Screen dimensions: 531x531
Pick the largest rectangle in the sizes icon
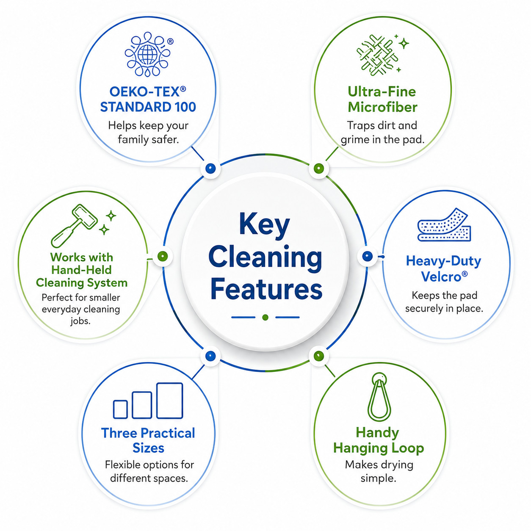pyautogui.click(x=169, y=401)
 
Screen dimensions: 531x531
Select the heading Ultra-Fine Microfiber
pyautogui.click(x=382, y=99)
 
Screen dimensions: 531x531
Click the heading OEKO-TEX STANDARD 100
pyautogui.click(x=148, y=99)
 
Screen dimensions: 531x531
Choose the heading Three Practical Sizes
pyautogui.click(x=148, y=440)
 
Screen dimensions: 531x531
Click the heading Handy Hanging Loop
pyautogui.click(x=378, y=440)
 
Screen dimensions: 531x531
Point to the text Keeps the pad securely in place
pyautogui.click(x=444, y=302)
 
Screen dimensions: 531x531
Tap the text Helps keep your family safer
pyautogui.click(x=148, y=132)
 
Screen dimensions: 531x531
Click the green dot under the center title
pyautogui.click(x=265, y=318)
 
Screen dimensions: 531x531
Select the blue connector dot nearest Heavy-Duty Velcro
pyautogui.click(x=367, y=256)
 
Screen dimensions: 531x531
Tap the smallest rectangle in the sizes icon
pyautogui.click(x=120, y=409)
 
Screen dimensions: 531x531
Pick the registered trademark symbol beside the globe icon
pyautogui.click(x=170, y=41)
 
